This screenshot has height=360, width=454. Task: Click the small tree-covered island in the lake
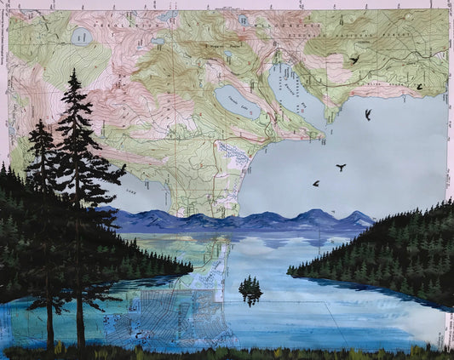(x=250, y=290)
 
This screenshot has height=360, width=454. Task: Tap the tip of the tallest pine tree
(x=75, y=71)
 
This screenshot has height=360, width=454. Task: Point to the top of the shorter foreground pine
(x=39, y=122)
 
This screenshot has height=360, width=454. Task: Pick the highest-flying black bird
(x=353, y=60)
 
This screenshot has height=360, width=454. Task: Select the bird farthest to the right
(x=419, y=86)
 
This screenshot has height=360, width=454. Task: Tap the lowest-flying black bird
(x=316, y=183)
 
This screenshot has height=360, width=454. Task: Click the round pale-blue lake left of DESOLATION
(x=83, y=37)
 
